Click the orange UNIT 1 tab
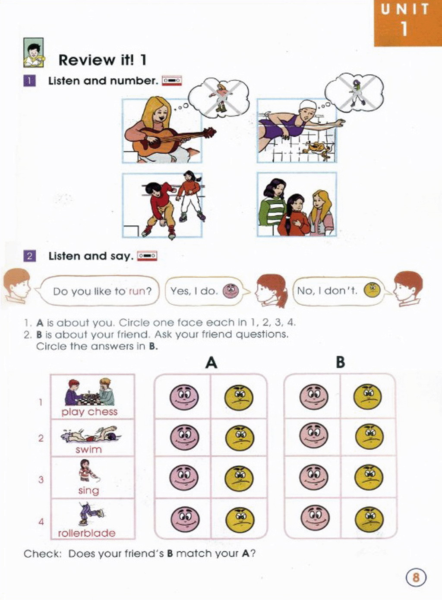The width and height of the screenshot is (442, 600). point(408,23)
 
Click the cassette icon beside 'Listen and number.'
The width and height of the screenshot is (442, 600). point(172,81)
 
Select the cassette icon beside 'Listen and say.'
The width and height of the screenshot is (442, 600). point(147,256)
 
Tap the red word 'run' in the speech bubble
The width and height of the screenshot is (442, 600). point(137,291)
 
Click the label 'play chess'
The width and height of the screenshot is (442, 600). point(89,412)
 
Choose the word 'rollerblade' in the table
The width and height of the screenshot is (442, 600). point(87,533)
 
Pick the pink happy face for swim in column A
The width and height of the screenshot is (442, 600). point(185,437)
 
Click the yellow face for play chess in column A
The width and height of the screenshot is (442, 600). point(239,397)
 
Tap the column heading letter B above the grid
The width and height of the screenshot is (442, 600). point(340,363)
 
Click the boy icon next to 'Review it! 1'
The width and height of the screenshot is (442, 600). point(34,53)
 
